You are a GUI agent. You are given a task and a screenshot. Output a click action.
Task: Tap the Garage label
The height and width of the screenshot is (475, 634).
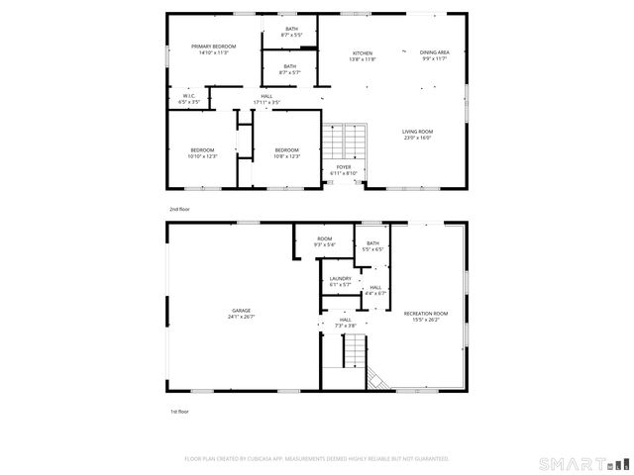241,314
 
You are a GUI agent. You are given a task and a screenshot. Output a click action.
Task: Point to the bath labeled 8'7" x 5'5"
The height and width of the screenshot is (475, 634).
291,32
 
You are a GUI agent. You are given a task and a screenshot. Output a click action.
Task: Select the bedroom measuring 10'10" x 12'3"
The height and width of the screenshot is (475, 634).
201,152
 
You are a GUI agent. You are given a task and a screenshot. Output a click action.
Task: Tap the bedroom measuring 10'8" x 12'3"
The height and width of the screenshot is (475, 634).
287,152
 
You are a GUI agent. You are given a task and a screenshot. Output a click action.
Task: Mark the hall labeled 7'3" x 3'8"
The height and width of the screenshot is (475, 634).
345,323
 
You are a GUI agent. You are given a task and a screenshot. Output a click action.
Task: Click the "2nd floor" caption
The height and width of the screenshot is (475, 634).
179,210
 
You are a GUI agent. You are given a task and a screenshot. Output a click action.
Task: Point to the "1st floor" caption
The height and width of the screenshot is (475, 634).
178,411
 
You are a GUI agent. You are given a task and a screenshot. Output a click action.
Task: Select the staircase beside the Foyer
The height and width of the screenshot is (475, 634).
347,141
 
